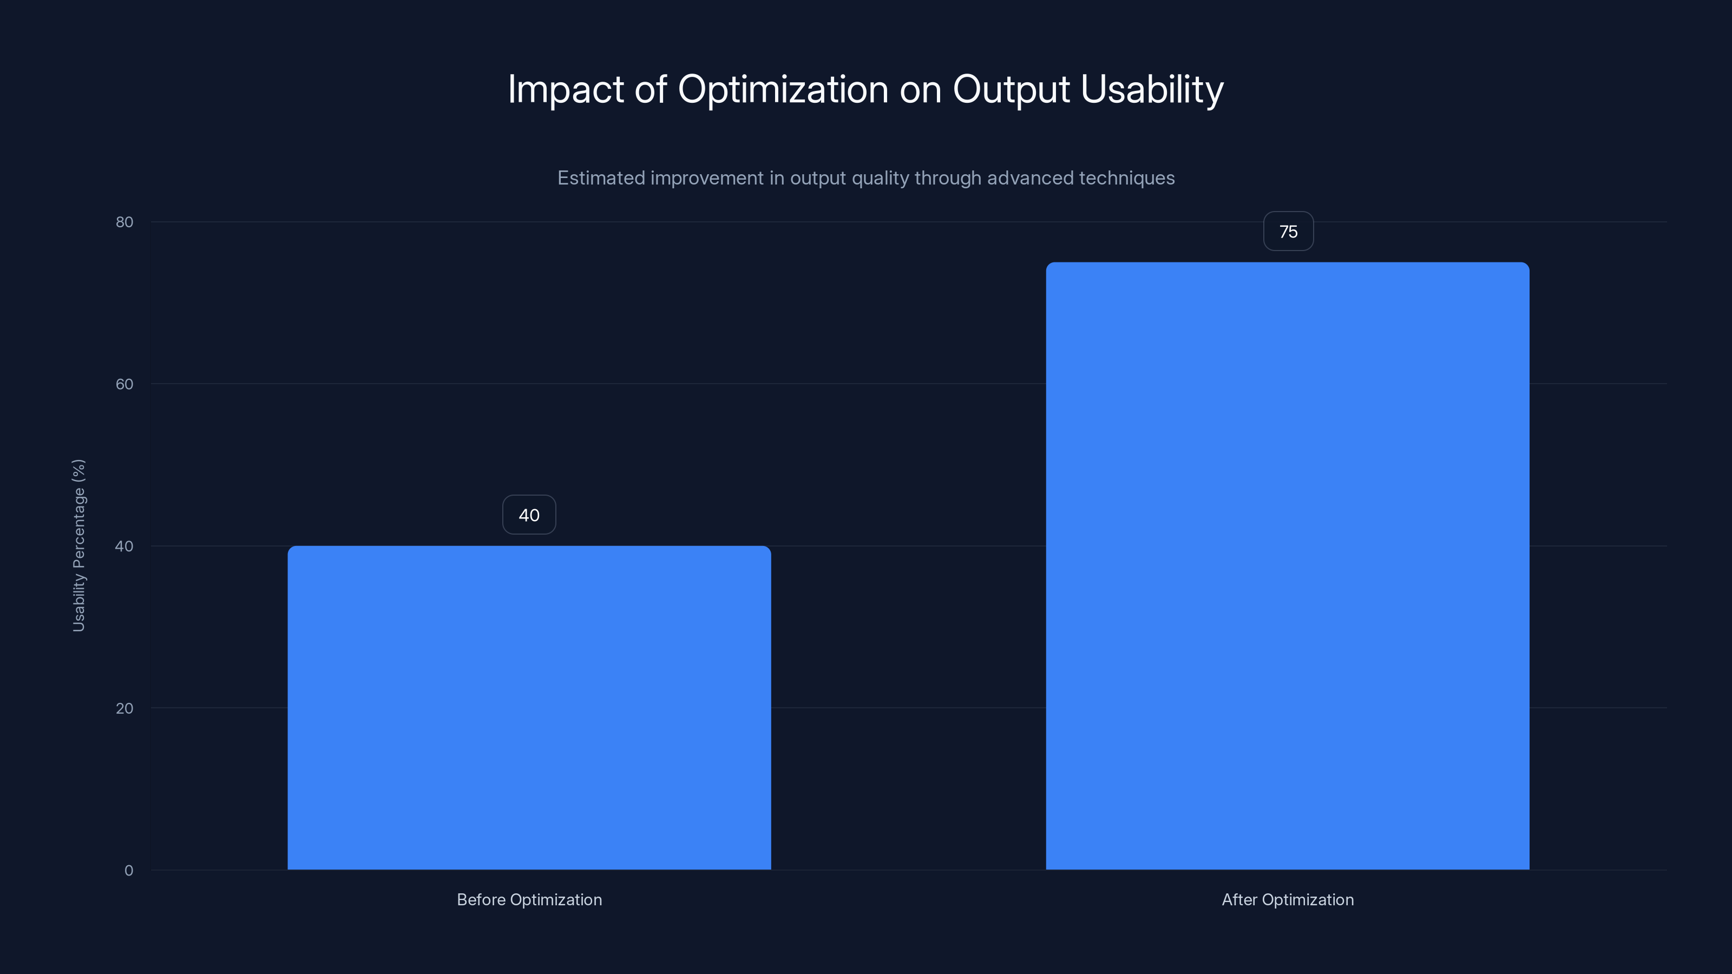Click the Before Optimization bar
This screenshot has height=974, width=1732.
click(529, 707)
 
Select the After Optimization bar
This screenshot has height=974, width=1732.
click(1287, 565)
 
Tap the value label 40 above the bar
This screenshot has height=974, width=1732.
click(529, 515)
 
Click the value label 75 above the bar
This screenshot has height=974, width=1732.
click(1288, 231)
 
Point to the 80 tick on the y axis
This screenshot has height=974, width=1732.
click(124, 222)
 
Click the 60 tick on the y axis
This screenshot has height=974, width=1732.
click(124, 384)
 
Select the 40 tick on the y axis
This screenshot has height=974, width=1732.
click(124, 546)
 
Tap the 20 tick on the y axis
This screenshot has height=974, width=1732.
click(124, 708)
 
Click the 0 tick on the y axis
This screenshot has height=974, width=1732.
click(128, 871)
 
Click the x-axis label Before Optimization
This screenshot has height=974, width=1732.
click(529, 899)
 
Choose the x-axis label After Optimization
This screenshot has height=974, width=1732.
click(1288, 899)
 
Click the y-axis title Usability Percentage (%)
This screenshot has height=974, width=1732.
click(78, 545)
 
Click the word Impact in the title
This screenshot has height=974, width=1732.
click(566, 89)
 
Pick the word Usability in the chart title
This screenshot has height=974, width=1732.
click(1152, 89)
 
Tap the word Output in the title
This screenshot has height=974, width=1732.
click(1011, 89)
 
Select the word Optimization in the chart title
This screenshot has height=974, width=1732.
click(783, 89)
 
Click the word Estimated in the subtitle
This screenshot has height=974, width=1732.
click(600, 178)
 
